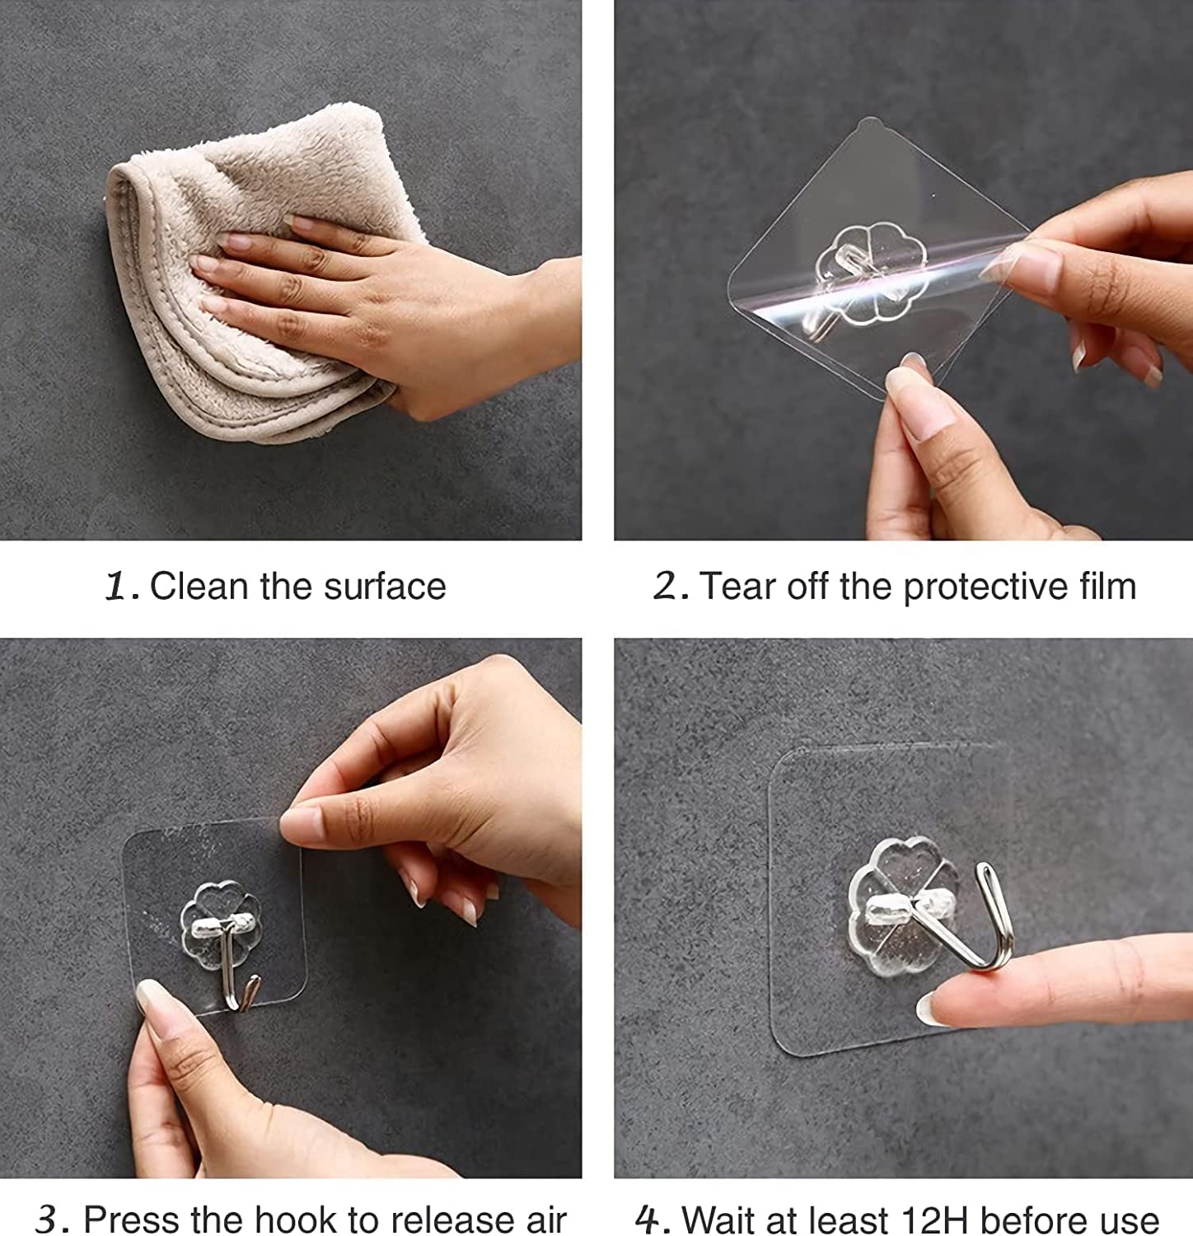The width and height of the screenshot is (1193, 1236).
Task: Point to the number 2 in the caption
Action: tap(667, 587)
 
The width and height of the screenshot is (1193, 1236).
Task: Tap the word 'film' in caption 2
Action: tap(1107, 587)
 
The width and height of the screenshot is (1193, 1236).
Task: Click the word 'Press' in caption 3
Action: tap(131, 1220)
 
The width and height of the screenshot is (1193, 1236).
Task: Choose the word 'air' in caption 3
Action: tap(543, 1220)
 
